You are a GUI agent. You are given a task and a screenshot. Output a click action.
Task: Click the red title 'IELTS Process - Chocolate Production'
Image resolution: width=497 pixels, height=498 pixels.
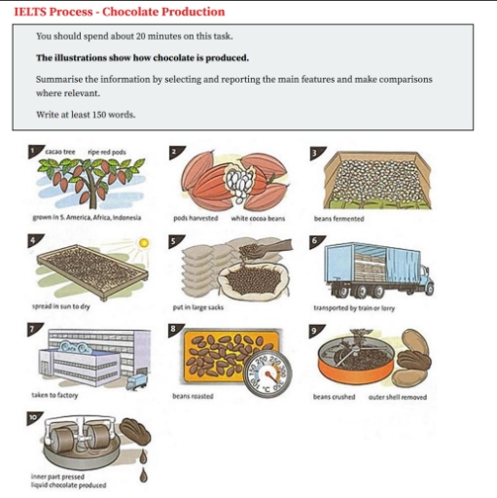(x=119, y=12)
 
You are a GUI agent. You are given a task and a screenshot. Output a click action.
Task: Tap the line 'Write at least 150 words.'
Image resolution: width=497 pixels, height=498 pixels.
(x=86, y=114)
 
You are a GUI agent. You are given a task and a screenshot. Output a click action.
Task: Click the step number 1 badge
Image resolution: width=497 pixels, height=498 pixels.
(x=32, y=152)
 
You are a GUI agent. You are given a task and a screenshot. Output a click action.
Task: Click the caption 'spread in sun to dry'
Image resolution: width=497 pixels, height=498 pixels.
(x=61, y=306)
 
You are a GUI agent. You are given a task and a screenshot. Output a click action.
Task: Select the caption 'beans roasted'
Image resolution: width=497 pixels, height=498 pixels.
(x=193, y=397)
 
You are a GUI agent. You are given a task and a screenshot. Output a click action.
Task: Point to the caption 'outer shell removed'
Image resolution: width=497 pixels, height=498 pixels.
(x=396, y=397)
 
